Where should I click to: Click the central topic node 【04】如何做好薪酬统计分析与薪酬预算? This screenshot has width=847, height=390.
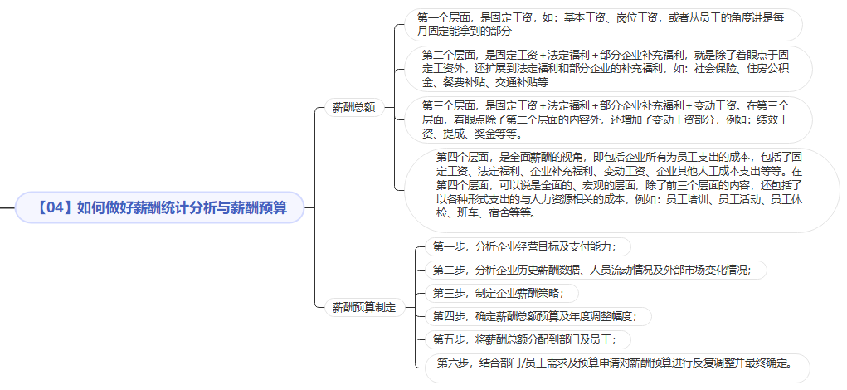pos(160,207)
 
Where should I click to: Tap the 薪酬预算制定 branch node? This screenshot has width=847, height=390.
pos(364,308)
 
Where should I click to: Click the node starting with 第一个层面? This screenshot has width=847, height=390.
pos(603,24)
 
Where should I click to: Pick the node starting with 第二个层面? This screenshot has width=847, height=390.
pos(609,69)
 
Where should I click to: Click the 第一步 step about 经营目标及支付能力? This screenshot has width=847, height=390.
pos(528,246)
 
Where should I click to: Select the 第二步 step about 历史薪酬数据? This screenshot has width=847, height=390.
pos(596,270)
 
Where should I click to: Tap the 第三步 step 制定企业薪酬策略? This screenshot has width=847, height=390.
pos(502,293)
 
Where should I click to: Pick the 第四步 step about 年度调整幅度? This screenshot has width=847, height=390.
pos(538,316)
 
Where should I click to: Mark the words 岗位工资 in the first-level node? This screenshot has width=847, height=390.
pos(635,17)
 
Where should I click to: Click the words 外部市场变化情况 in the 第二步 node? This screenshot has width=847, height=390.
pos(702,270)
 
